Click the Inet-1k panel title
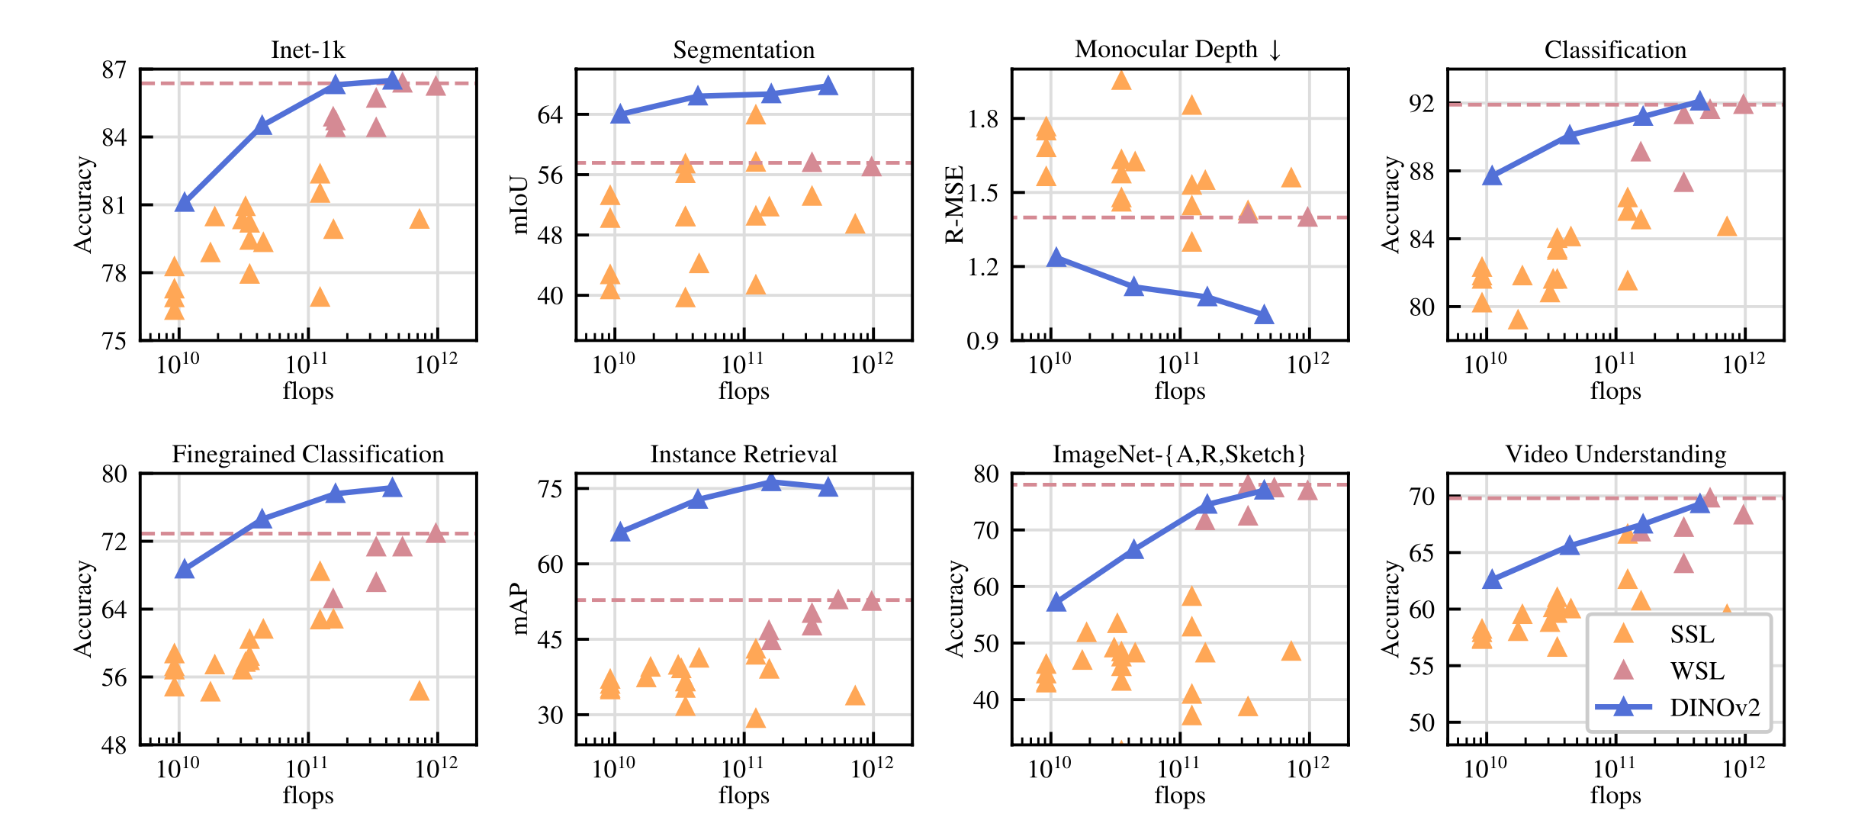pyautogui.click(x=307, y=50)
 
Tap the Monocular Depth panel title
pyautogui.click(x=1178, y=50)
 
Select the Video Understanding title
pyautogui.click(x=1615, y=455)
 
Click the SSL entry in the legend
pyautogui.click(x=1692, y=635)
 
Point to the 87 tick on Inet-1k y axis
pyautogui.click(x=114, y=70)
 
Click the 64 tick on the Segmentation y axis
pyautogui.click(x=550, y=115)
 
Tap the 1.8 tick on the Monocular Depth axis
pyautogui.click(x=982, y=119)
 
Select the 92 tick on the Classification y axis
pyautogui.click(x=1422, y=104)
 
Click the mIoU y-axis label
pyautogui.click(x=519, y=204)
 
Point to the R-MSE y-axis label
pyautogui.click(x=955, y=204)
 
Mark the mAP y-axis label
pyautogui.click(x=519, y=609)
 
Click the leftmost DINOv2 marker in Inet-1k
pyautogui.click(x=184, y=203)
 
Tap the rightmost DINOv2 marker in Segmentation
pyautogui.click(x=828, y=86)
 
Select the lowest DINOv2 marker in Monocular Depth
pyautogui.click(x=1264, y=315)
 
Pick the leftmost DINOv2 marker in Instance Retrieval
pyautogui.click(x=620, y=532)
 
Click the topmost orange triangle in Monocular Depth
pyautogui.click(x=1120, y=80)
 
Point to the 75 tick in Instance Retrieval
pyautogui.click(x=550, y=489)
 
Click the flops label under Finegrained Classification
pyautogui.click(x=307, y=796)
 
